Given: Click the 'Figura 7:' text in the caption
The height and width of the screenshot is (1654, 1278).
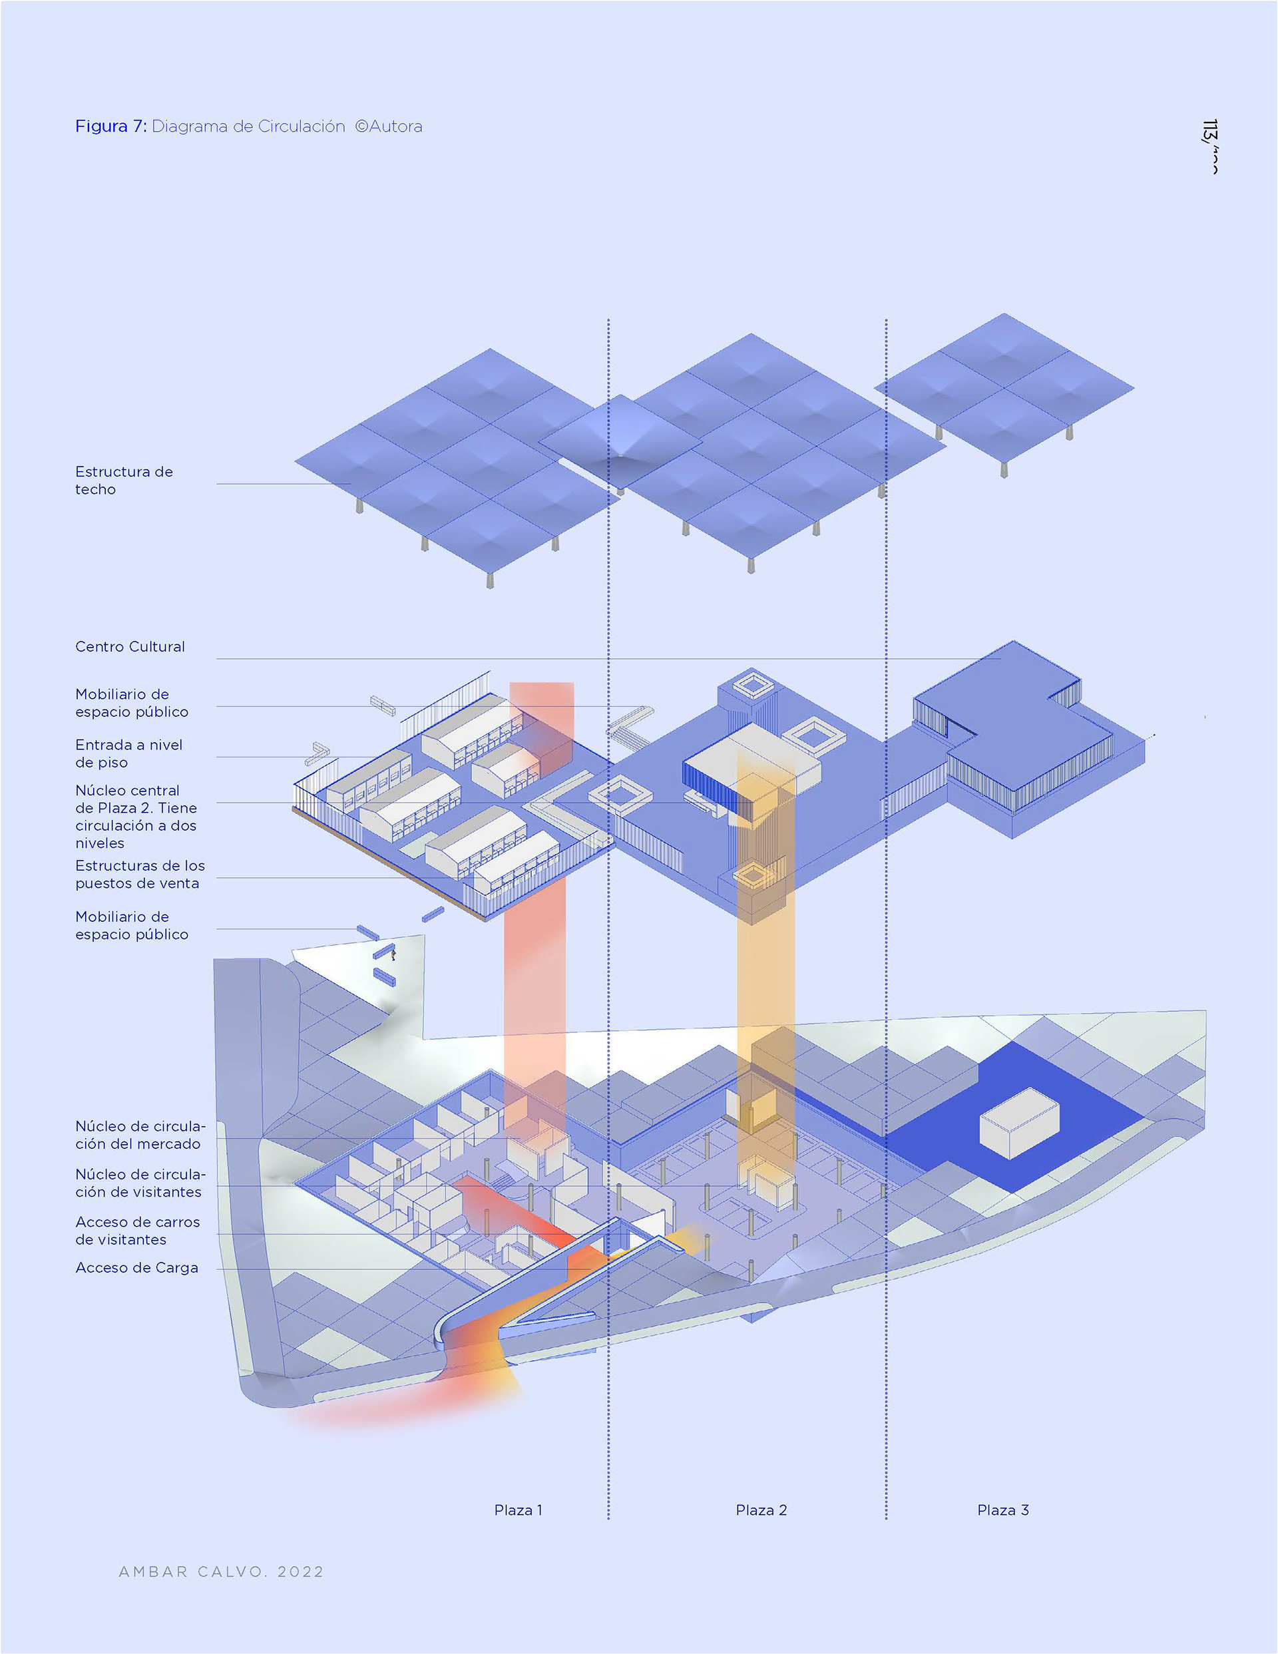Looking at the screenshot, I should (110, 126).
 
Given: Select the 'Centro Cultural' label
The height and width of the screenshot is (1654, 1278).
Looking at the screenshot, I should (130, 647).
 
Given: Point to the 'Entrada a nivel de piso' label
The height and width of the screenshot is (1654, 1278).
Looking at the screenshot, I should (128, 753).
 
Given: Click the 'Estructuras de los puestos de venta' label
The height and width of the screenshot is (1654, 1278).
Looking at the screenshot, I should (139, 875).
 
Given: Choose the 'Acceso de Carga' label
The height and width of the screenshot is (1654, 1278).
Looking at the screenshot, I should (136, 1268).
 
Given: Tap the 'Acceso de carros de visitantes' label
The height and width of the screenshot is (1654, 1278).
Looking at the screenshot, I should (137, 1231).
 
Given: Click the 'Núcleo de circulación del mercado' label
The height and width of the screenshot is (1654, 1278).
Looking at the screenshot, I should (139, 1136).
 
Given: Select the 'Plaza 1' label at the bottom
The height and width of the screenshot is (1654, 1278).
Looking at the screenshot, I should (518, 1510).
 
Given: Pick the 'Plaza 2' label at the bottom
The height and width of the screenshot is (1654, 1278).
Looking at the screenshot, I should (761, 1510).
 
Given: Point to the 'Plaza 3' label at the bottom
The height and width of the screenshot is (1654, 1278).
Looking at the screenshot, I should (1003, 1510).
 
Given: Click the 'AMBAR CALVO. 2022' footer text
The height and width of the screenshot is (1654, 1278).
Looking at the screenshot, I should (221, 1572).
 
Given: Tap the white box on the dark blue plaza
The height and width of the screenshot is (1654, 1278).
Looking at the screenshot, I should (1019, 1123).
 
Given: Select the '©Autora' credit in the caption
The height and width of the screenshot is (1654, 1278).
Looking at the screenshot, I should (389, 126).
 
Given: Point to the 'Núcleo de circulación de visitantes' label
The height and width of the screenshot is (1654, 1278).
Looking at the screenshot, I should (139, 1183).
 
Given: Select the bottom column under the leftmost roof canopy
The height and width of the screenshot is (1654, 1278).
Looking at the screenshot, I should (490, 581).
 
